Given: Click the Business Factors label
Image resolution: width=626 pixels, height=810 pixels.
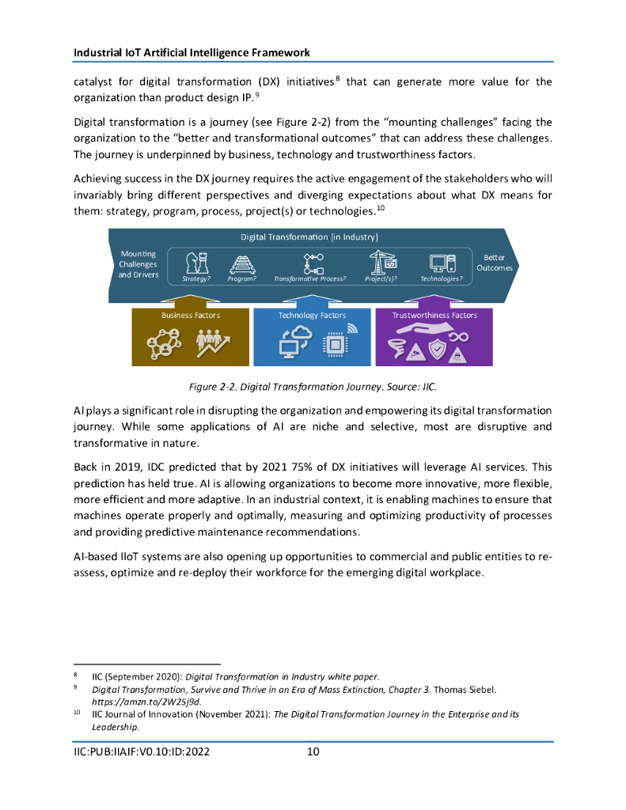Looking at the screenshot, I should click(x=191, y=315).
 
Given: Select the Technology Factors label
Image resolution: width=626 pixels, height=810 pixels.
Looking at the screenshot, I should click(x=312, y=315).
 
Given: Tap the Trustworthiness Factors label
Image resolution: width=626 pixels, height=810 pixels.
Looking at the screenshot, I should click(x=434, y=315).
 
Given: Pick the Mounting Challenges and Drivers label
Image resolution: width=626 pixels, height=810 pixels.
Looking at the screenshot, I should click(x=138, y=264).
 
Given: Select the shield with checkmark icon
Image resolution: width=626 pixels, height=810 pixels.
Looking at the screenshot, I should click(x=436, y=349).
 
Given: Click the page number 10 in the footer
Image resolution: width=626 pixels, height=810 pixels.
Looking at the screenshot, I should click(x=313, y=751).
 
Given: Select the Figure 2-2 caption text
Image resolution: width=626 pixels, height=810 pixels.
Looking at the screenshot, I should click(x=312, y=387).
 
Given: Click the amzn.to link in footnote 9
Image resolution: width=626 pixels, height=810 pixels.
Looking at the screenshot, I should click(x=146, y=702).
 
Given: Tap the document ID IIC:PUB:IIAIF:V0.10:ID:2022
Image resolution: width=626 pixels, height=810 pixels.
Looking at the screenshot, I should click(x=142, y=751).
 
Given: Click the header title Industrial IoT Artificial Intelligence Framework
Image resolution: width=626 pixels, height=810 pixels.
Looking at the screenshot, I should click(x=192, y=52).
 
